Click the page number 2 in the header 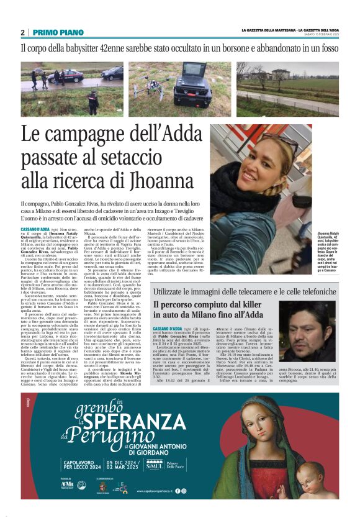[x=22, y=32]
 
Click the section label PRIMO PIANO [x=54, y=32]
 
